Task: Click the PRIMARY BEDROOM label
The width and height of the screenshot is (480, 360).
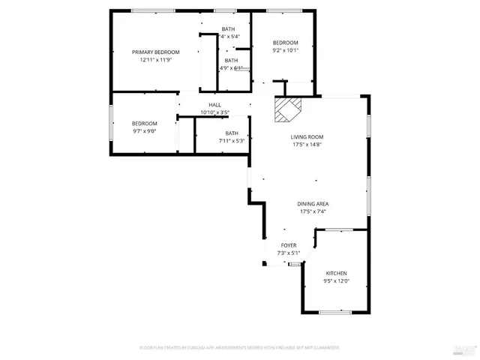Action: tap(155, 52)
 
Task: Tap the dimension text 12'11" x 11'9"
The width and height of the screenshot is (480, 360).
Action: tap(155, 60)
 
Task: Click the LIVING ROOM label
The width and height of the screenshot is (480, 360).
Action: tap(307, 136)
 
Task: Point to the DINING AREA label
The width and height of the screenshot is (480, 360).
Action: tap(313, 203)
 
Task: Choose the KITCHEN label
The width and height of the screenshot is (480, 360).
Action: tap(335, 273)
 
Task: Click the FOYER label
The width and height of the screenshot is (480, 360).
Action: tap(288, 245)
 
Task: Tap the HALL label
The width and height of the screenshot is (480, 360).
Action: tap(214, 105)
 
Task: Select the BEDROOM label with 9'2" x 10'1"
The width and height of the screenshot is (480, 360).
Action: tap(285, 43)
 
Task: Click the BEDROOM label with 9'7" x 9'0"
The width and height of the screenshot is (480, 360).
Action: tap(145, 123)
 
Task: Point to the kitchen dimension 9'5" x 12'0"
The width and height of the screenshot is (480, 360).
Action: tap(335, 281)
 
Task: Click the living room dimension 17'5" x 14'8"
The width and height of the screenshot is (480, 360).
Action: tap(307, 145)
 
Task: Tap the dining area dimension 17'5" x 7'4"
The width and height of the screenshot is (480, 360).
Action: tap(313, 211)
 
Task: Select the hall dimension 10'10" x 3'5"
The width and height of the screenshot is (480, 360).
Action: tap(214, 112)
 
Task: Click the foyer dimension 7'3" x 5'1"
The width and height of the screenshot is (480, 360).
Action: tap(288, 253)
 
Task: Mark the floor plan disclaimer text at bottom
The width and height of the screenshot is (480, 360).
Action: tap(239, 347)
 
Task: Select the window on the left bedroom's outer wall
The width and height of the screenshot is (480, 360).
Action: tap(112, 123)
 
